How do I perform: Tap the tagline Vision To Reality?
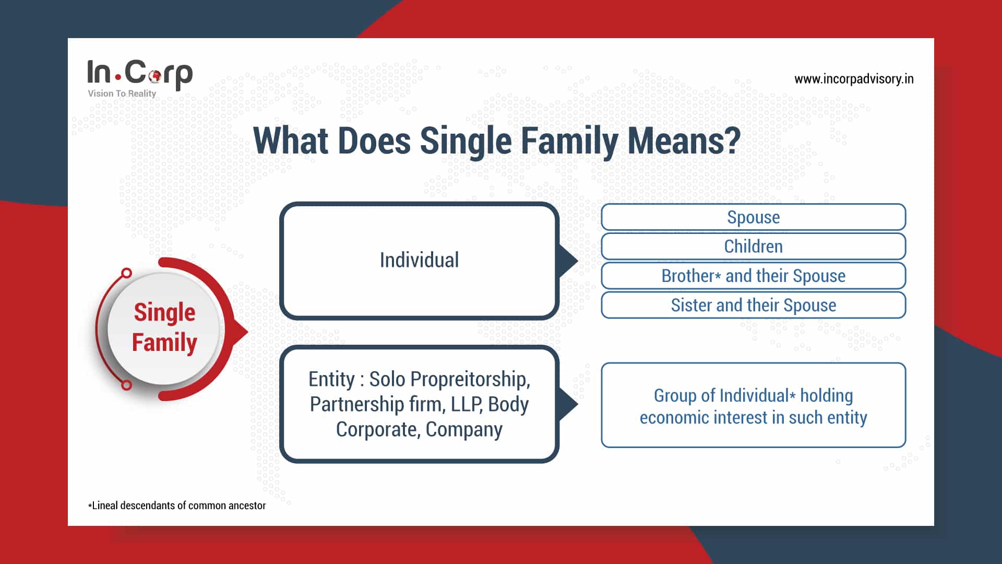122,93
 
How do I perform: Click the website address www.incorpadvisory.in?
854,79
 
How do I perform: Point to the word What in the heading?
291,140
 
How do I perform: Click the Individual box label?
419,260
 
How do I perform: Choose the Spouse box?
753,217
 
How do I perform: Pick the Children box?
753,246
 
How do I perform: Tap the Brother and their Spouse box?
753,276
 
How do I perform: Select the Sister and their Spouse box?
753,305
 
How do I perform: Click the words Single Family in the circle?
164,327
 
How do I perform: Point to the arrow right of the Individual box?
568,261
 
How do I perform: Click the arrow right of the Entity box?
568,404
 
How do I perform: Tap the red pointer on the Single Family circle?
241,331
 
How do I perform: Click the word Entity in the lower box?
331,379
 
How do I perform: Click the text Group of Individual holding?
753,396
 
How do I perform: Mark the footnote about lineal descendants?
177,506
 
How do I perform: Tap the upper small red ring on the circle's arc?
126,273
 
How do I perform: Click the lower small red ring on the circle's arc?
126,385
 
